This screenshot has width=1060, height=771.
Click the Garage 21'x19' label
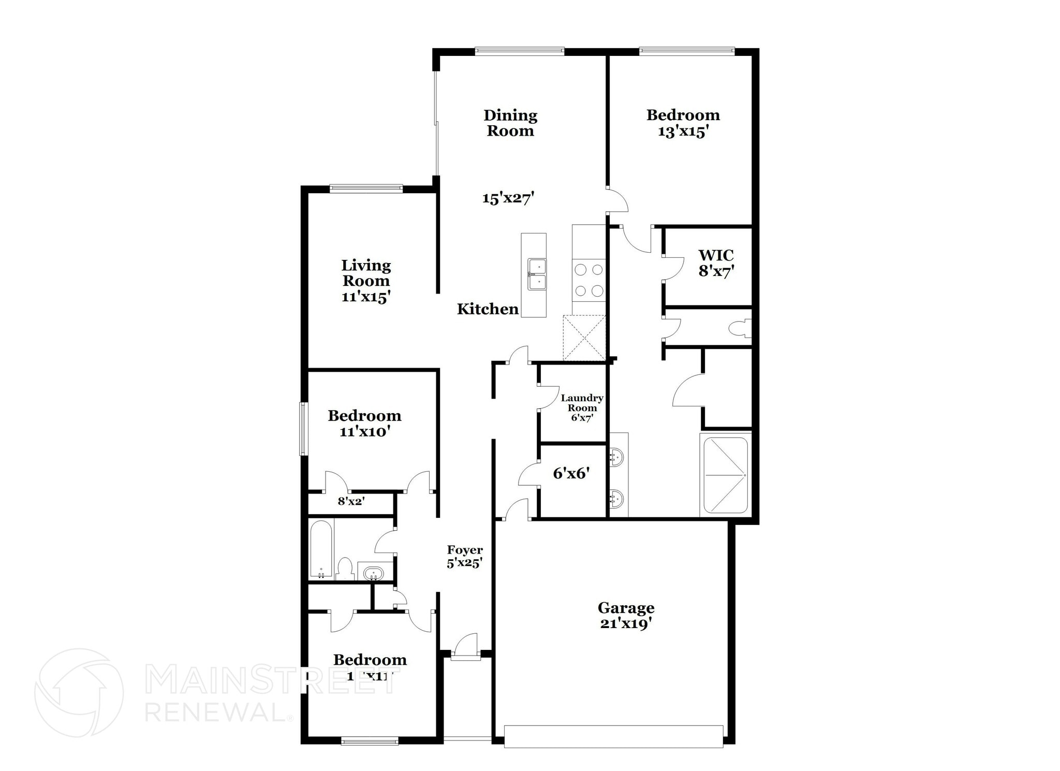coord(626,615)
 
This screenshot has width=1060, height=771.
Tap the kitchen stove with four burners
coord(589,280)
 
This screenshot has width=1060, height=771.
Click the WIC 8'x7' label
coord(716,263)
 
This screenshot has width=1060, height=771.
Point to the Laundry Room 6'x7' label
coord(582,408)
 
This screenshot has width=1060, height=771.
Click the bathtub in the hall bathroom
coord(321,549)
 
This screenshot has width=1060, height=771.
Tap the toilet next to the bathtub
coord(345,568)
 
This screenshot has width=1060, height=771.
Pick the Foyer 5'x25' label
coord(465,556)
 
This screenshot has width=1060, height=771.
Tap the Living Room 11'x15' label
coord(365,281)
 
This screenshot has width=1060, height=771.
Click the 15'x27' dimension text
coord(508,197)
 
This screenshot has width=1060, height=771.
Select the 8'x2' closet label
coord(351,501)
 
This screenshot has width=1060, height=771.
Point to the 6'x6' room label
coord(571,473)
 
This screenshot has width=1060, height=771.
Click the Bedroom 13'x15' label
coord(683,123)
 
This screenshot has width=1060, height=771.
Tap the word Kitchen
coord(487,309)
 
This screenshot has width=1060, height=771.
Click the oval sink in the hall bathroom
coord(373,573)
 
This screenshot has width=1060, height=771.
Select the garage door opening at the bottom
coord(613,736)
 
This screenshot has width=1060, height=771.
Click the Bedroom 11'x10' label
coord(364,423)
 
